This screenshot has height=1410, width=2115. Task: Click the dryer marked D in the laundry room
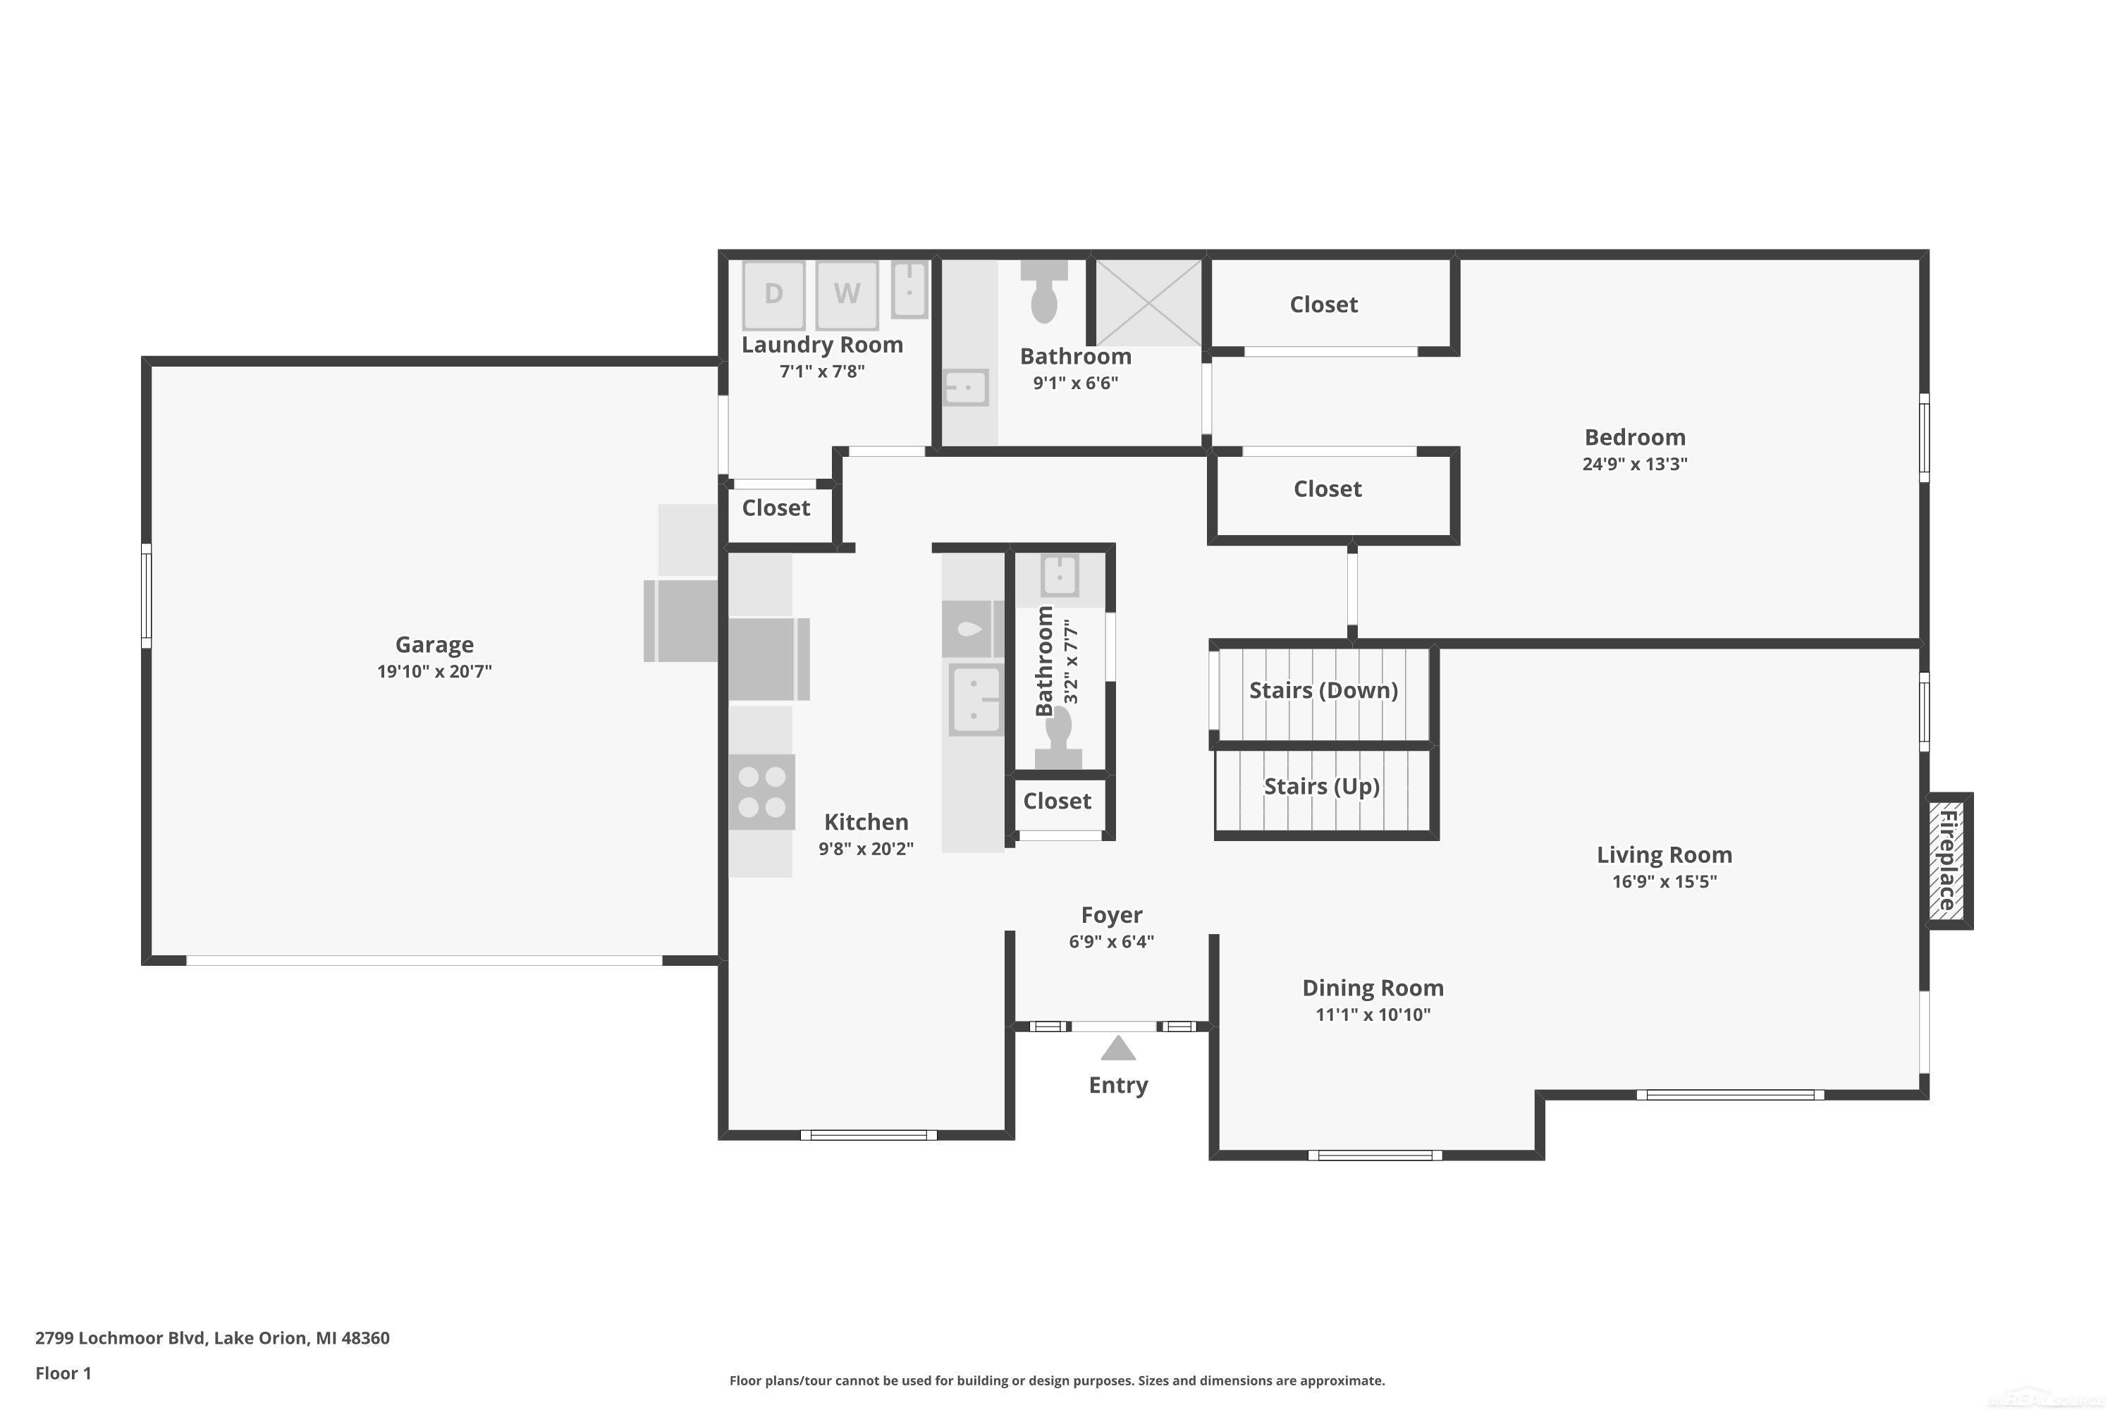coord(773,294)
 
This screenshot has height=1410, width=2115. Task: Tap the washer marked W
coord(846,294)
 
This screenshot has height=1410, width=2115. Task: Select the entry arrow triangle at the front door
coord(1117,1048)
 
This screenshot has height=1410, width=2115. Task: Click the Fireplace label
coord(1947,861)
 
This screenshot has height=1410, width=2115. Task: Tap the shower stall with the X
coord(1148,302)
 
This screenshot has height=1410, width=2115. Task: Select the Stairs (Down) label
coord(1323,691)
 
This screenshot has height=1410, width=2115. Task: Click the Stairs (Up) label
coord(1321,787)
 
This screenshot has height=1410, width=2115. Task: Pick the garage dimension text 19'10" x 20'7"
coord(434,672)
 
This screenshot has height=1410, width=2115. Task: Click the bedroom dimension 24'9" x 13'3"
coord(1634,465)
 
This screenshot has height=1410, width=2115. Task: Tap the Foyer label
coord(1112,915)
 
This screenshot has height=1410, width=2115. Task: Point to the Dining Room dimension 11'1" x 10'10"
coord(1372,1015)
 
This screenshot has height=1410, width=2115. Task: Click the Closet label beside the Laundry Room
coord(776,508)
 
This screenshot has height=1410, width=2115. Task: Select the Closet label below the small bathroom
coord(1057,801)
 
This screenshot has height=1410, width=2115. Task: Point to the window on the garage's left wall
coord(147,595)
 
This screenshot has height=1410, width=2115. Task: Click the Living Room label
coord(1664,855)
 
